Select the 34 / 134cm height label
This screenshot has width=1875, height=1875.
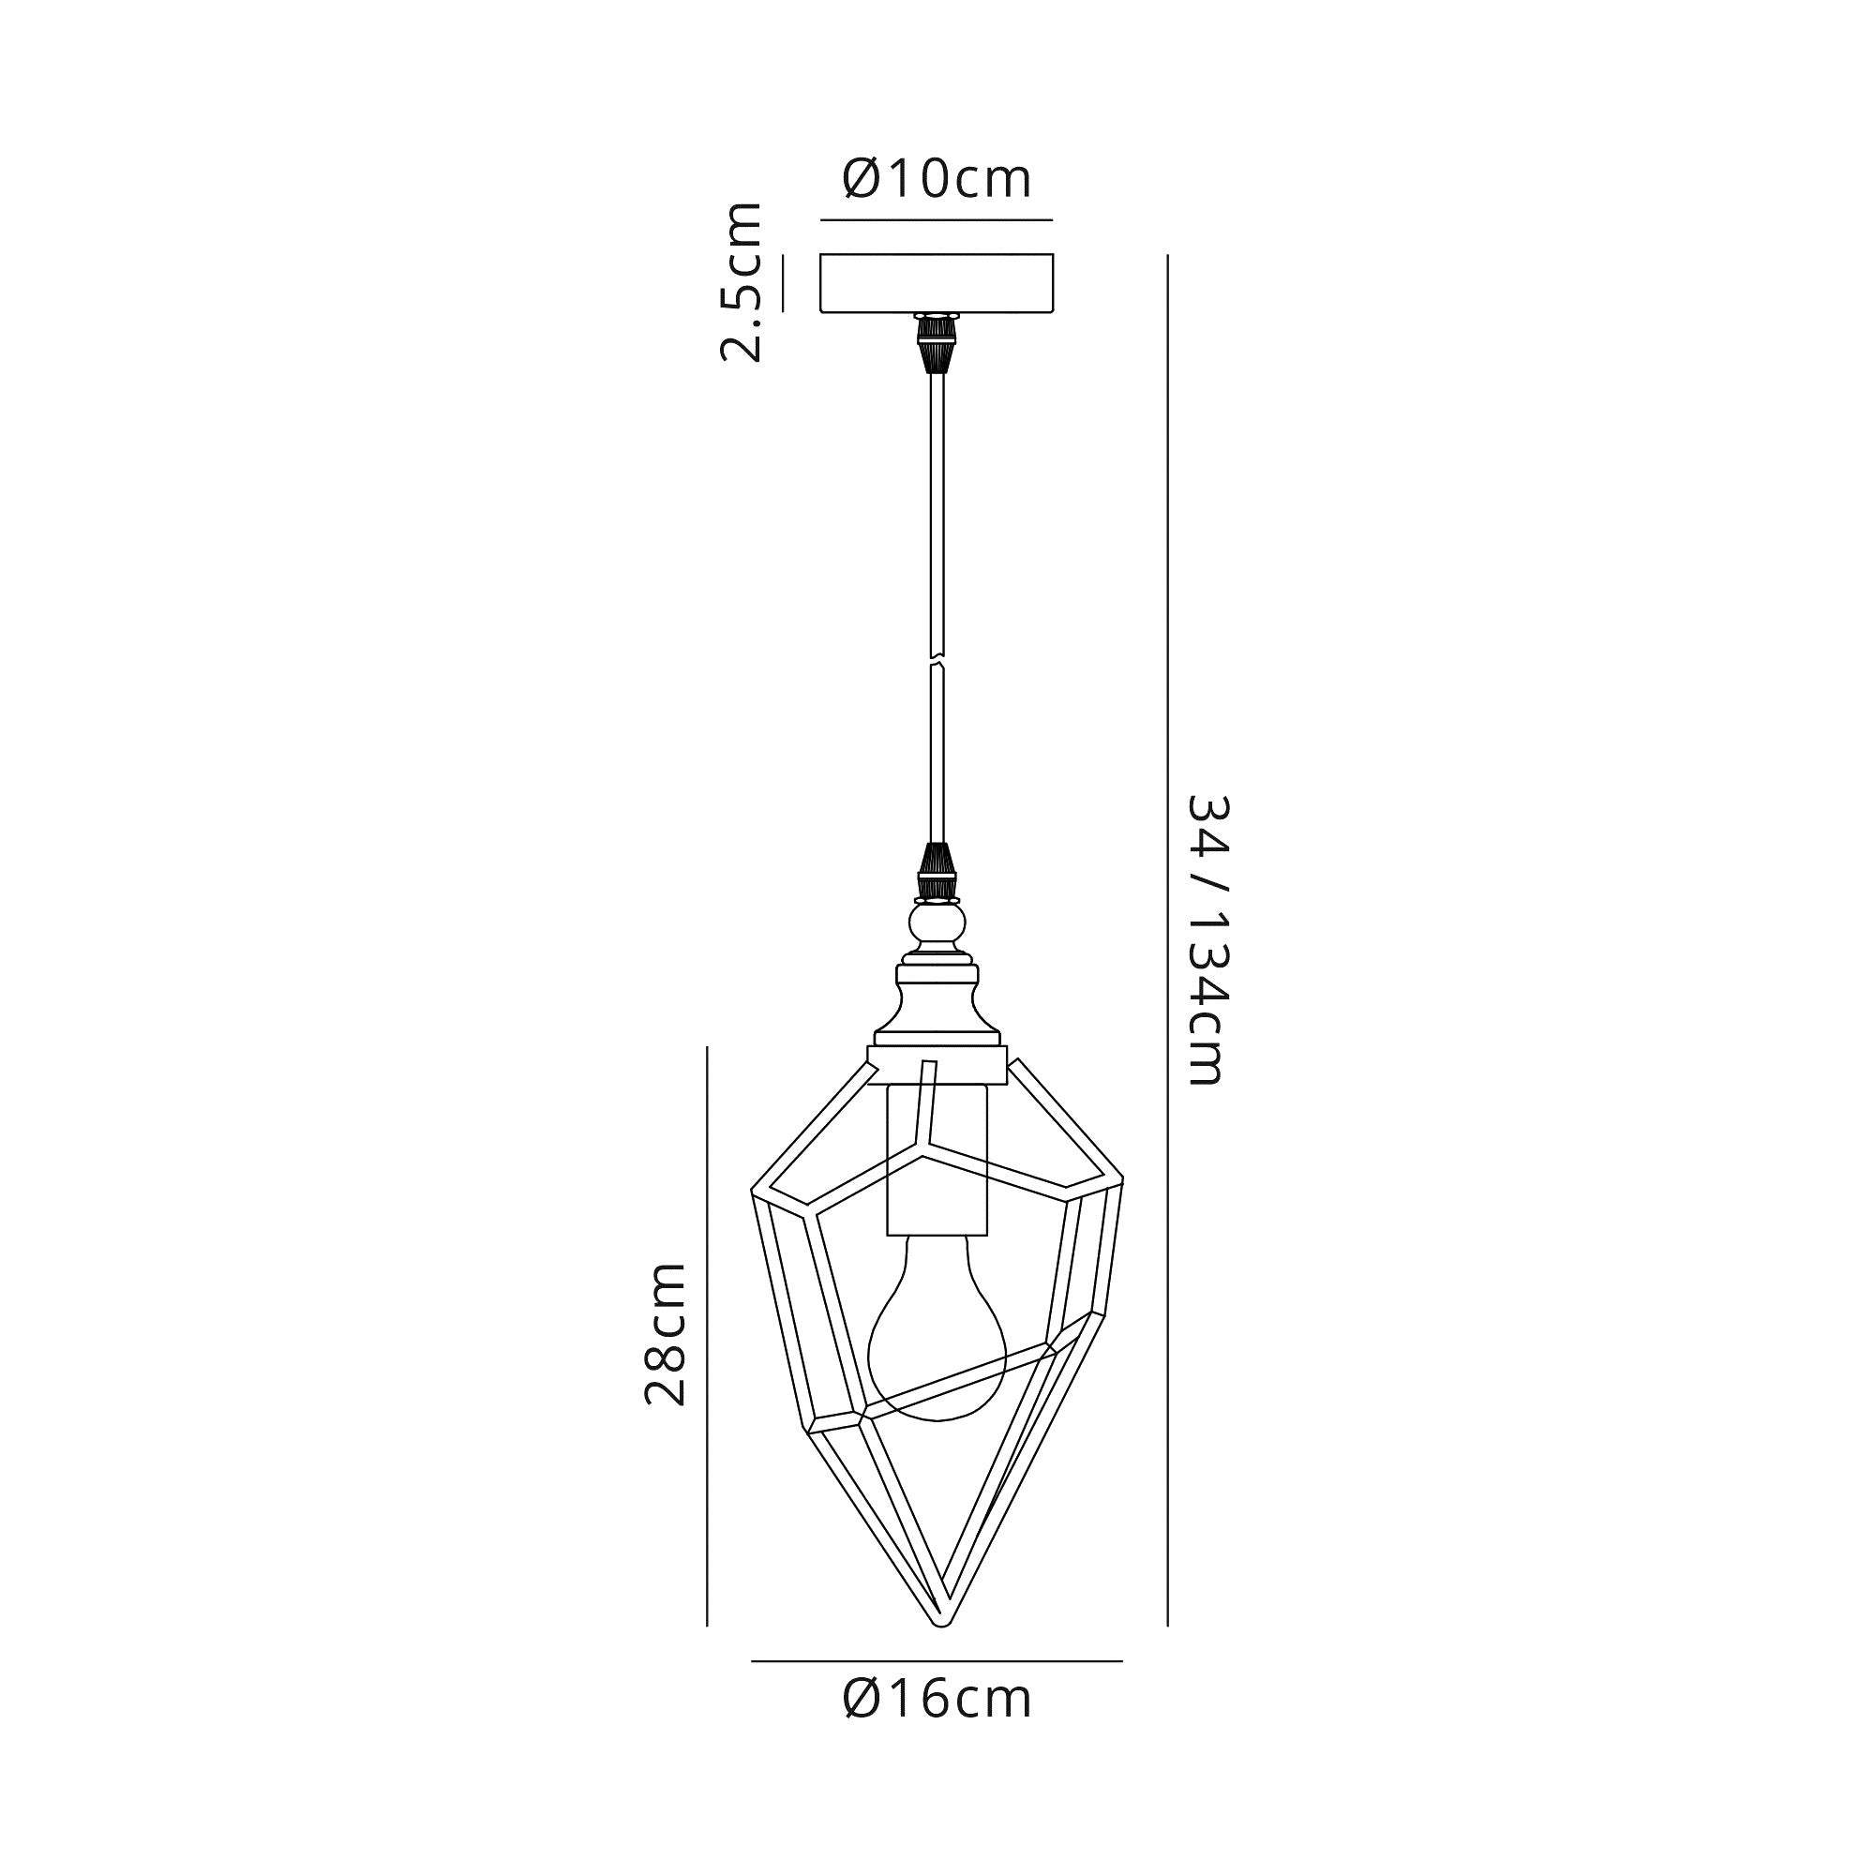(x=1208, y=939)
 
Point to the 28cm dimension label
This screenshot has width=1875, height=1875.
(x=667, y=1333)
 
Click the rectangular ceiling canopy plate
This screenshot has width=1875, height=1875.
(x=937, y=283)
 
